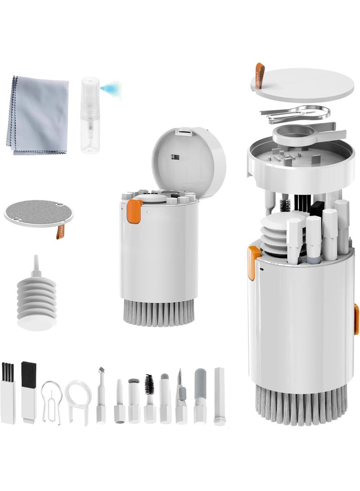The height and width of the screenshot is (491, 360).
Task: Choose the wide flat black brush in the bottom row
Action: [x=28, y=392]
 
